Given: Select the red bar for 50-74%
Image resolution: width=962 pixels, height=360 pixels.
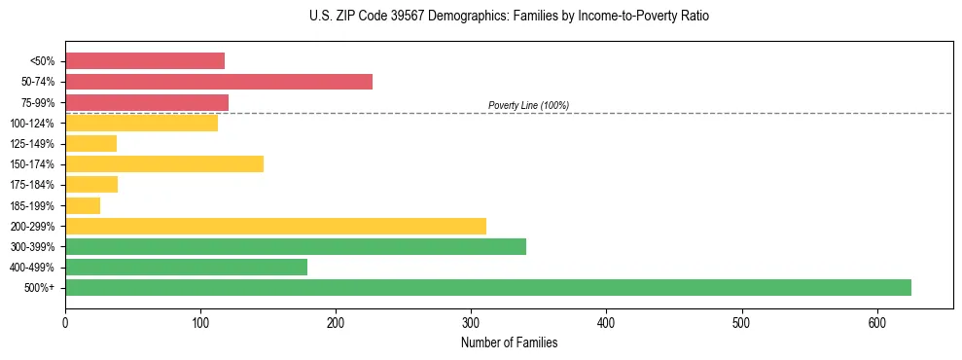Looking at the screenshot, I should (219, 82).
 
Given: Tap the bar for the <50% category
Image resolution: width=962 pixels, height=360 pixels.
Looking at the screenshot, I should (145, 61).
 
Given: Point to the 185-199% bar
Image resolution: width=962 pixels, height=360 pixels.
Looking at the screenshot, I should (83, 205).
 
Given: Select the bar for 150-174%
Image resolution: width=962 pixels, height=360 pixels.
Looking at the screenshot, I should (164, 163).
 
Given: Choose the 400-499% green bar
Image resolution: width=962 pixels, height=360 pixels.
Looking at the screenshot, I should (186, 267).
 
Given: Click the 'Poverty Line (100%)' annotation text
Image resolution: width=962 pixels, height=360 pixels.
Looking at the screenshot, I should (528, 105).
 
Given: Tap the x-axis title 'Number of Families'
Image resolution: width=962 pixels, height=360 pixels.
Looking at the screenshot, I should (509, 342).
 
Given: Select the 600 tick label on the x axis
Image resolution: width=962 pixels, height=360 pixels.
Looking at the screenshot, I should (877, 321).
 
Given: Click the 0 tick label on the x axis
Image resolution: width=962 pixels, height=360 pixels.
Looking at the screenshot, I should (65, 321).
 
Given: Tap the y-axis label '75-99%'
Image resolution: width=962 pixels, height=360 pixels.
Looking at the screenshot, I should (37, 102).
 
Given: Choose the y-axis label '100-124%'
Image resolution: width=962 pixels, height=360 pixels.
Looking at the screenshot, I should (34, 123).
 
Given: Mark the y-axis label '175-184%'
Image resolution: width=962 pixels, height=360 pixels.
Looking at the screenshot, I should (34, 185).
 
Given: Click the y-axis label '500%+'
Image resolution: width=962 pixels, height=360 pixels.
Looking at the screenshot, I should (39, 287).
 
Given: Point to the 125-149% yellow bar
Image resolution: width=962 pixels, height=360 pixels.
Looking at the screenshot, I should (90, 143).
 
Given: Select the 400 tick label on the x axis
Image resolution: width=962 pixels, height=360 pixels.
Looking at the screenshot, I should (606, 321).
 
